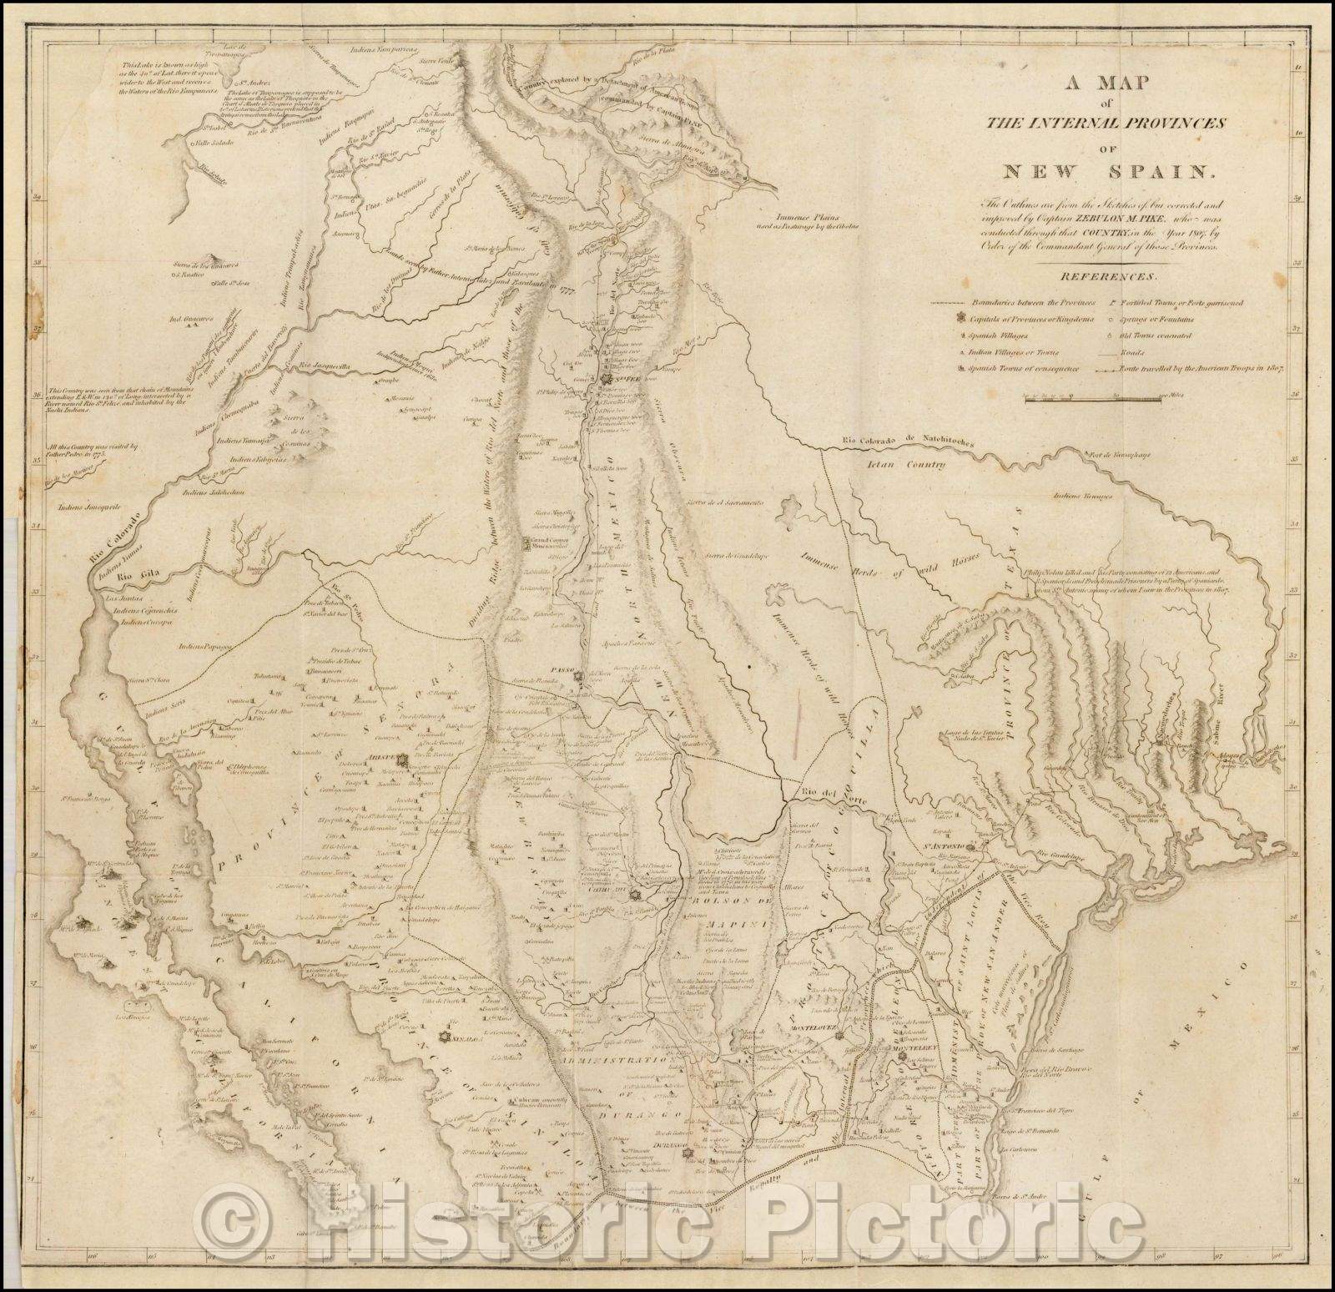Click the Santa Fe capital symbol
click(607, 381)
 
